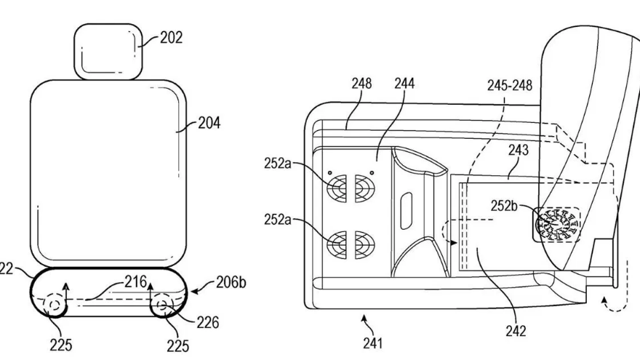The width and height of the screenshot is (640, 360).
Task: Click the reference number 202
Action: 171,38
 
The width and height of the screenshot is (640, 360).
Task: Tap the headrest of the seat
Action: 108,52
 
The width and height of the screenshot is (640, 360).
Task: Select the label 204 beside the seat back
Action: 209,122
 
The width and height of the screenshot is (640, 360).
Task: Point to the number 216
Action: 136,281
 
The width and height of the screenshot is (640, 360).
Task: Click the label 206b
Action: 231,282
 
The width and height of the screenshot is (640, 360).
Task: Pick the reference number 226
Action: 208,322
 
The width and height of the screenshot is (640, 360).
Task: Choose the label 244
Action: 404,83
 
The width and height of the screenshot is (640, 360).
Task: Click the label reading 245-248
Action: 510,85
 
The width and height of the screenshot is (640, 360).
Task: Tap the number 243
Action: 519,150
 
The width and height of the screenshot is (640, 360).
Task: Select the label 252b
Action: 504,206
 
